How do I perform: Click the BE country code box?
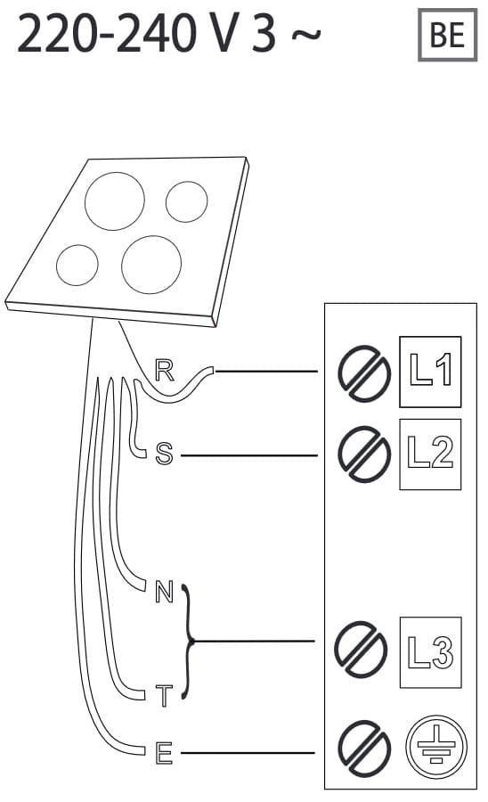click(447, 35)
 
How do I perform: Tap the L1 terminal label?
click(430, 372)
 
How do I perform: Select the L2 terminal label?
click(430, 454)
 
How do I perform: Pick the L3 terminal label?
click(430, 652)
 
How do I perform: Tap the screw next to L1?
click(364, 373)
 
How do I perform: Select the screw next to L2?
click(364, 454)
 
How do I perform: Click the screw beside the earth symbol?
click(364, 749)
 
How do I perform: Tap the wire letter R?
click(164, 371)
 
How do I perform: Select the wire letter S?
click(164, 454)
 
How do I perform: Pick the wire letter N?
click(164, 592)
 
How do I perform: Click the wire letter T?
click(164, 696)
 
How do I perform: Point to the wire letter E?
click(164, 753)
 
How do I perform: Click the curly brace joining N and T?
click(189, 641)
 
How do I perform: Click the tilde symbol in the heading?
click(306, 35)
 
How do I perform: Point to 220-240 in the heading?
click(107, 34)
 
